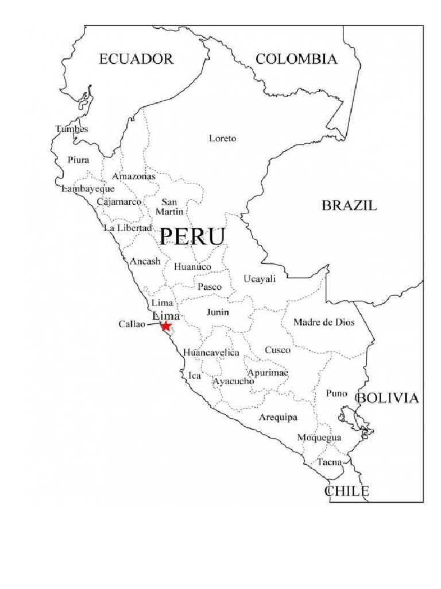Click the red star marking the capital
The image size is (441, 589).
point(166,327)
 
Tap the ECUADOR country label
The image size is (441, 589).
point(136,59)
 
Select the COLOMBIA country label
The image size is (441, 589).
point(296,59)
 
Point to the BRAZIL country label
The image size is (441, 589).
point(349,205)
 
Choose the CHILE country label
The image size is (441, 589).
point(347,491)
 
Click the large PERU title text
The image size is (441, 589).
point(191,237)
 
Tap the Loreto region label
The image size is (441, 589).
point(222,139)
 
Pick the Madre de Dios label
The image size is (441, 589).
point(324,323)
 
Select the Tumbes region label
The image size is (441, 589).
point(72,129)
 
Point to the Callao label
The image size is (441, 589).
point(132,324)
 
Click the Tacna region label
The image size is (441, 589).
point(330,462)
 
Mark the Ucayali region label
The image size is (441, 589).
point(260,279)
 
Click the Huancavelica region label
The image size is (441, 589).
point(211,353)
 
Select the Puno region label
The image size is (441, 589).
point(336,393)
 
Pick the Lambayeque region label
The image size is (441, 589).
point(88,189)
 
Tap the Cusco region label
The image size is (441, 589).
point(278,350)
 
